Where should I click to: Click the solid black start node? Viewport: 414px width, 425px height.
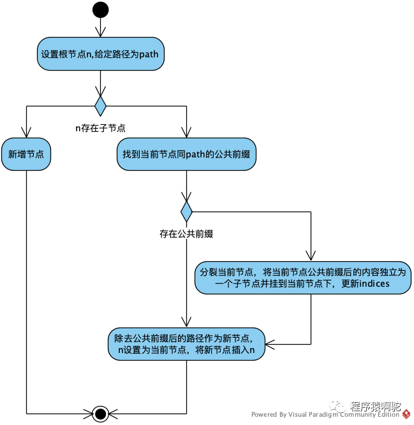pyautogui.click(x=100, y=10)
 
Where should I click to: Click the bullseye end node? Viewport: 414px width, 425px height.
pyautogui.click(x=100, y=414)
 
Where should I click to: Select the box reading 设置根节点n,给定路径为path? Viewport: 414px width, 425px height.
pyautogui.click(x=100, y=54)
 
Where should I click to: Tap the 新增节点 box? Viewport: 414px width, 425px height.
pyautogui.click(x=26, y=154)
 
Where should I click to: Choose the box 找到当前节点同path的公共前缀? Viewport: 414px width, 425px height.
pyautogui.click(x=186, y=154)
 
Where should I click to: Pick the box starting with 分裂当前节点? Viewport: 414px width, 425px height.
pyautogui.click(x=303, y=278)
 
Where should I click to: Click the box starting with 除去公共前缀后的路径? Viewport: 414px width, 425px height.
pyautogui.click(x=186, y=344)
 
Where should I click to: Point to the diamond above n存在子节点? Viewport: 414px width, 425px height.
pyautogui.click(x=100, y=106)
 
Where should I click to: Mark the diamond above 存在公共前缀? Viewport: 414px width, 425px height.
pyautogui.click(x=186, y=212)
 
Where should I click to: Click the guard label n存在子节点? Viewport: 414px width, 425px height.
pyautogui.click(x=100, y=128)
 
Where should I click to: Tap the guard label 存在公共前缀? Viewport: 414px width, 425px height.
pyautogui.click(x=186, y=234)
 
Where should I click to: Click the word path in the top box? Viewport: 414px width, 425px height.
pyautogui.click(x=149, y=54)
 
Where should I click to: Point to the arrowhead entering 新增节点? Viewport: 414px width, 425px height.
pyautogui.click(x=26, y=133)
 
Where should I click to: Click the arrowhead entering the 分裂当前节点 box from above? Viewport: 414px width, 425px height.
pyautogui.click(x=311, y=256)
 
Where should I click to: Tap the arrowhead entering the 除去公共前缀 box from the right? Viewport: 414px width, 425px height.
pyautogui.click(x=270, y=344)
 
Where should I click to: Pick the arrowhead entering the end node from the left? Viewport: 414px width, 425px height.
pyautogui.click(x=89, y=414)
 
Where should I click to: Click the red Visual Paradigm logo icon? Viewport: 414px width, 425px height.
pyautogui.click(x=406, y=414)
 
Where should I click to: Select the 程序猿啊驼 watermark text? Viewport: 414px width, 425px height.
pyautogui.click(x=375, y=406)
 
